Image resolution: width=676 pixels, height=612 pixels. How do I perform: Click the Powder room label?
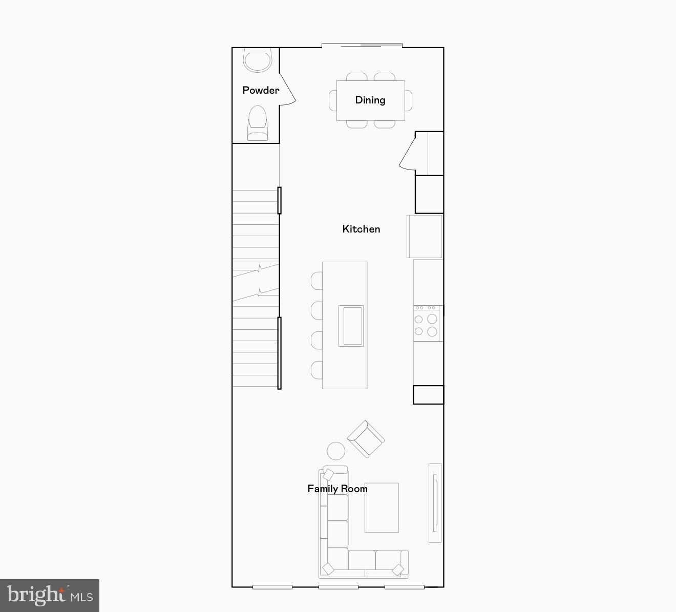tap(261, 91)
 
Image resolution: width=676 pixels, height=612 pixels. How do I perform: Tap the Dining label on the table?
tap(370, 100)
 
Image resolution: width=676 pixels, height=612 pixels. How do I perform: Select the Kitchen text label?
tap(361, 229)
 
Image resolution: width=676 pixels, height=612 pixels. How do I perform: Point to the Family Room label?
tap(337, 489)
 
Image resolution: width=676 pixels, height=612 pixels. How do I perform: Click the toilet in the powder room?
tap(257, 123)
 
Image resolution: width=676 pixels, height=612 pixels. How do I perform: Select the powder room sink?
tap(257, 60)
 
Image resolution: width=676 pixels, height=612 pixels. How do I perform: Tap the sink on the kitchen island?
tap(351, 326)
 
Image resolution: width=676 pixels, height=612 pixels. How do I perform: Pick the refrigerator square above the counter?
tap(425, 236)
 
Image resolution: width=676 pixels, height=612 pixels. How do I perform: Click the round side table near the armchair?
tap(336, 451)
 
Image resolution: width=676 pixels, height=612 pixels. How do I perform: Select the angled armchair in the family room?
tap(365, 438)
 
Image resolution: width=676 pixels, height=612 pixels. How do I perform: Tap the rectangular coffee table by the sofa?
tap(382, 507)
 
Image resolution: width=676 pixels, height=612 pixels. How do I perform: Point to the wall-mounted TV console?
tap(435, 502)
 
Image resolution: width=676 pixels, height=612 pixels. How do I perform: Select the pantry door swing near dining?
tap(408, 154)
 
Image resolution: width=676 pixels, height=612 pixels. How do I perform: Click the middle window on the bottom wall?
tap(338, 587)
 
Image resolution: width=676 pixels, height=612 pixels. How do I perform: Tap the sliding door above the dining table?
tap(362, 46)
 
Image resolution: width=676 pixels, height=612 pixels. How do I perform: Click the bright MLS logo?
tap(50, 596)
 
